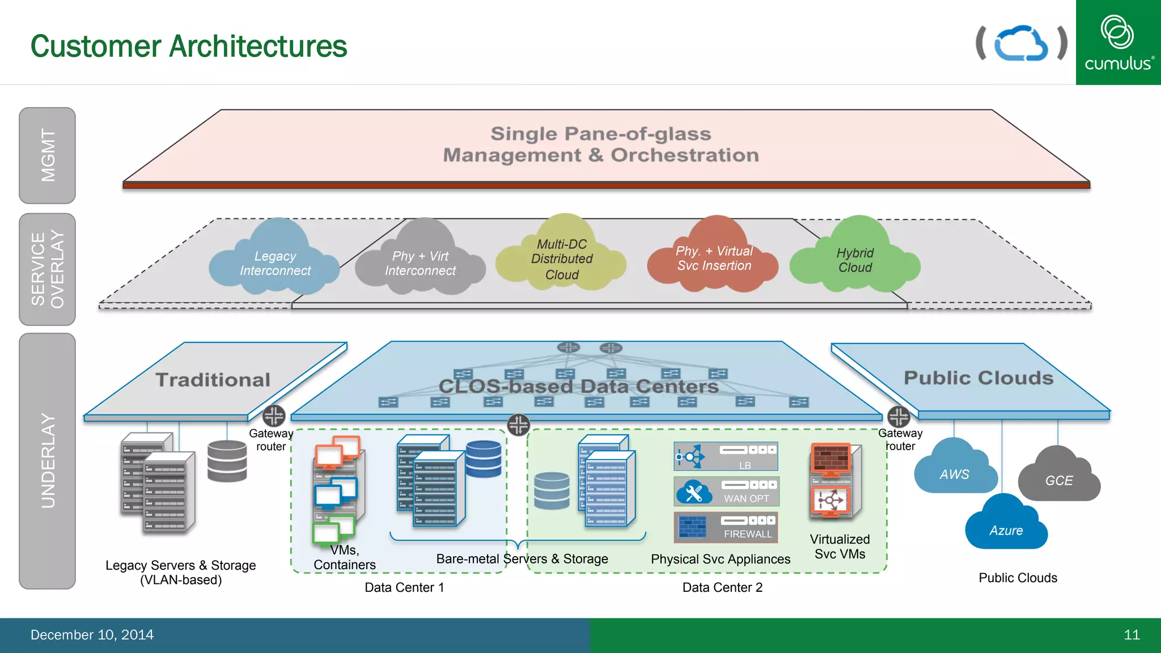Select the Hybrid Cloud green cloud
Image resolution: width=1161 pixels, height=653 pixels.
(855, 260)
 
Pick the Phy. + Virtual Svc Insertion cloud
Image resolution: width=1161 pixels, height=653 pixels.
(714, 258)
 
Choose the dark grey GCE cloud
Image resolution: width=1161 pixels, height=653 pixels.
(1058, 479)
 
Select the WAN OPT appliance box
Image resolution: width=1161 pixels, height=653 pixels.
(726, 491)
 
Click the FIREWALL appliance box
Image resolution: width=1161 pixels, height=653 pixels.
(726, 527)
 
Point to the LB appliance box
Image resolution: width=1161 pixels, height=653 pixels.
(726, 456)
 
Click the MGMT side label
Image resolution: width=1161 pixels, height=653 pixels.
(48, 155)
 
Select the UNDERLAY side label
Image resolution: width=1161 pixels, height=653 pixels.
(48, 461)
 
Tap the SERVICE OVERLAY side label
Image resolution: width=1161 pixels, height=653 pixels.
(48, 269)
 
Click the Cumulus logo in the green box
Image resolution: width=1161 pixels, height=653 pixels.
(1118, 43)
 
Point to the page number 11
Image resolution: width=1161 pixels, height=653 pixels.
(1132, 635)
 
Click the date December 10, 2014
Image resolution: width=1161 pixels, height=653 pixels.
(92, 635)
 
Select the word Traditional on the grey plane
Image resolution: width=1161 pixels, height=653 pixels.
(213, 380)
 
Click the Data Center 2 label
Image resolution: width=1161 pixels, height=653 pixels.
(722, 587)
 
